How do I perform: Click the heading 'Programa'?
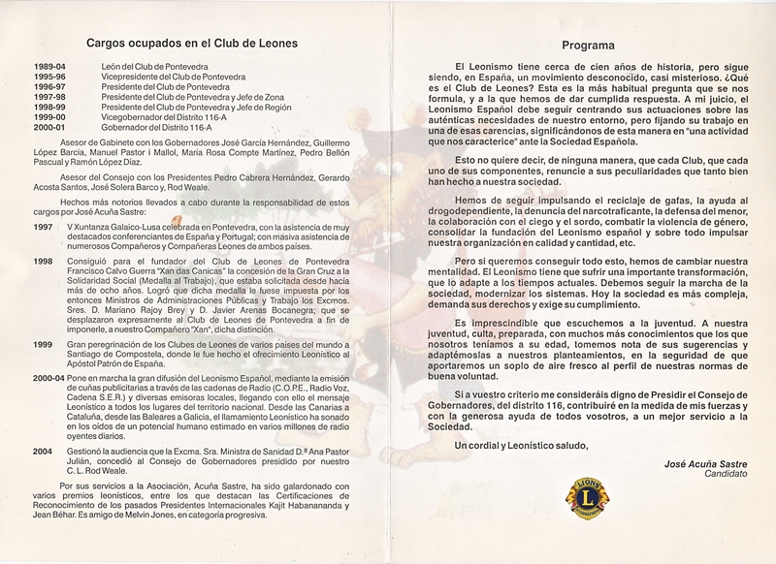click(588, 46)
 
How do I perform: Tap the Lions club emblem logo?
click(586, 495)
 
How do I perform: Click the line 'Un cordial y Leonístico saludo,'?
click(522, 444)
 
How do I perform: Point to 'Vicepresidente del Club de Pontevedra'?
click(172, 77)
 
